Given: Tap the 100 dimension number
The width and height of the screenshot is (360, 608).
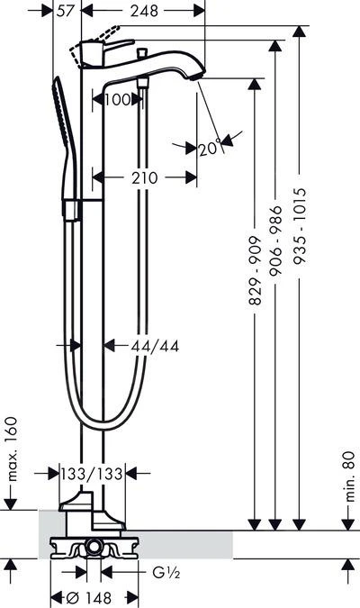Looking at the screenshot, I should [x=117, y=100].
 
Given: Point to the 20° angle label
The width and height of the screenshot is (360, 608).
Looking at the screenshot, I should [x=210, y=147].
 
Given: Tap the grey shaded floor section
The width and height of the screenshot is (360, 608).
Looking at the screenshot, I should [x=180, y=543].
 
